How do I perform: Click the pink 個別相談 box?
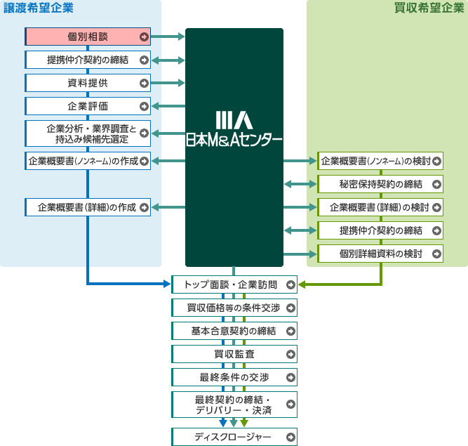point(88,37)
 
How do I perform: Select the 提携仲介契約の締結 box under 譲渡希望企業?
point(88,60)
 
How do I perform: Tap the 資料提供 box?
point(88,83)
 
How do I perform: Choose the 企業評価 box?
point(88,107)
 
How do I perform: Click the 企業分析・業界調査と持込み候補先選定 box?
point(88,133)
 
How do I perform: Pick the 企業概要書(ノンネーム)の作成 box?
point(88,161)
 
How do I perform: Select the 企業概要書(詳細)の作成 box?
point(88,207)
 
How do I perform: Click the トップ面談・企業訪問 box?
point(234,284)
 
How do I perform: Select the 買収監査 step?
point(234,354)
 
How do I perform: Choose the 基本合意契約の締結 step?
point(234,331)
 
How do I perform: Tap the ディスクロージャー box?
point(234,437)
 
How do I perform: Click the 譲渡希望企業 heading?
point(39,8)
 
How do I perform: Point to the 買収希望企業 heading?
point(429,8)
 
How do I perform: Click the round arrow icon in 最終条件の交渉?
point(290,377)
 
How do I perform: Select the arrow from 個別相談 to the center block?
point(168,37)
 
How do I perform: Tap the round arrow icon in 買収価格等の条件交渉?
point(290,308)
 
